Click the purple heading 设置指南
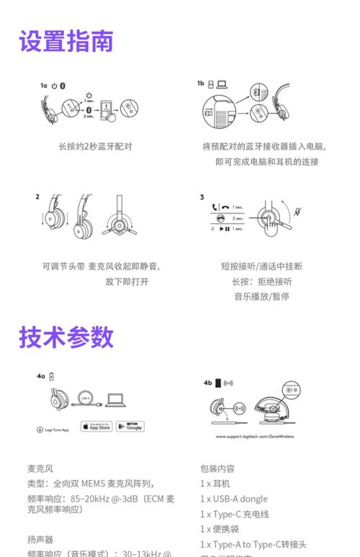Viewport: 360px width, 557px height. tap(66, 41)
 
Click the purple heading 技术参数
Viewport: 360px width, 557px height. tap(66, 337)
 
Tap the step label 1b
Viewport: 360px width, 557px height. tap(201, 83)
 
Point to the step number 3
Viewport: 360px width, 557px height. tap(202, 196)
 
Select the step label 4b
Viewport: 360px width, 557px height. tap(207, 383)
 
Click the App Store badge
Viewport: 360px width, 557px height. tap(96, 426)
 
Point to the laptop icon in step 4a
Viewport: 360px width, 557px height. tap(116, 399)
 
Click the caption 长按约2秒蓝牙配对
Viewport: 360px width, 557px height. tap(95, 146)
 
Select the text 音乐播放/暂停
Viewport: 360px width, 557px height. tap(261, 296)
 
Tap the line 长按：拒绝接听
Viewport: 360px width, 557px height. tap(261, 281)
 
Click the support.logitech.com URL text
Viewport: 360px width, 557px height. tap(257, 437)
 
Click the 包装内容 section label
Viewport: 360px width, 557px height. tap(217, 468)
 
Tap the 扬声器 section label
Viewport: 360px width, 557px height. tap(40, 539)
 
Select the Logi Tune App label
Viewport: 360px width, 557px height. tap(53, 430)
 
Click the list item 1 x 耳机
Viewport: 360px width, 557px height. tap(215, 484)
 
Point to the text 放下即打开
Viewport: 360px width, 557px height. tap(127, 281)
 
